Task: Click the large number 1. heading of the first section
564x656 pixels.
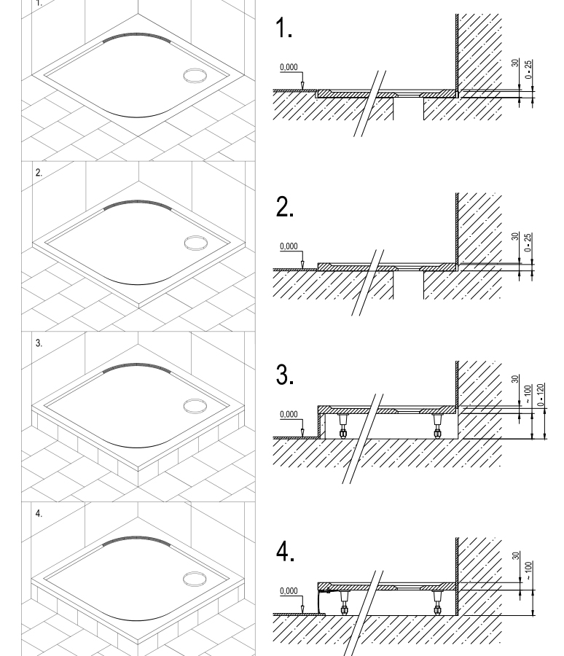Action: (x=283, y=28)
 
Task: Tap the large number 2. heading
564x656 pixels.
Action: (x=284, y=207)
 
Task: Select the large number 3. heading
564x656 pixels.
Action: (x=284, y=375)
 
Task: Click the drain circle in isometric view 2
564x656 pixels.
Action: (x=195, y=243)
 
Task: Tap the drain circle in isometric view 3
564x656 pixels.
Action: (x=195, y=406)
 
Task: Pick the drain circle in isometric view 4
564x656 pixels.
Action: (x=195, y=579)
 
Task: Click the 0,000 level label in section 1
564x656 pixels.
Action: (x=289, y=67)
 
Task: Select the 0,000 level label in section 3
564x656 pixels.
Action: (x=289, y=414)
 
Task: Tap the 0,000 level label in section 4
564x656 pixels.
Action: (x=289, y=590)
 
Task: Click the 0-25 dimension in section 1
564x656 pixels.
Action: (x=528, y=69)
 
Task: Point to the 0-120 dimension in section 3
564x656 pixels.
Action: (x=541, y=395)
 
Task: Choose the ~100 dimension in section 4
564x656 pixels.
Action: (x=528, y=571)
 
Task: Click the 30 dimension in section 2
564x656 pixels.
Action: (x=515, y=236)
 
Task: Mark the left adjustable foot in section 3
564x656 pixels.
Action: (x=343, y=426)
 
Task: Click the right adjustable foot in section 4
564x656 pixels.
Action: (x=438, y=603)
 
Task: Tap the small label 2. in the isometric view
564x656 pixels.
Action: (x=39, y=172)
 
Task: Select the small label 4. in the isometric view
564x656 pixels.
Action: (x=39, y=513)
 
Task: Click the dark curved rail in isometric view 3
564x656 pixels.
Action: (x=137, y=366)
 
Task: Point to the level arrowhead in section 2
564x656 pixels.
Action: (x=302, y=265)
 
